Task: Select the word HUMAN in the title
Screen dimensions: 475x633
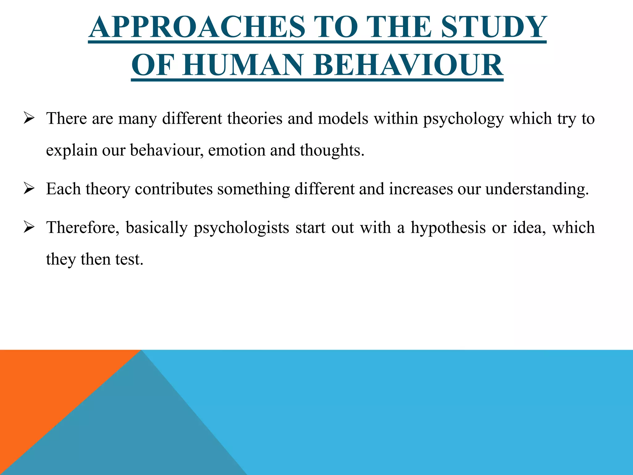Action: pos(244,65)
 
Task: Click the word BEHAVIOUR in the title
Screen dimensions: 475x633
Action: pos(408,65)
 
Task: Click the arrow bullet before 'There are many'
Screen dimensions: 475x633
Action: pos(28,118)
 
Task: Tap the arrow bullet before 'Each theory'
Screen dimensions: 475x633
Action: pos(28,189)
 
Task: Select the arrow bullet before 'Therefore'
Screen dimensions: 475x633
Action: pos(28,228)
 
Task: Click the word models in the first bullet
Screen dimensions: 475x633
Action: pos(343,118)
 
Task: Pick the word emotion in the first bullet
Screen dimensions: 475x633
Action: pos(236,150)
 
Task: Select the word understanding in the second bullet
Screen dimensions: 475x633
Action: pos(536,189)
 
